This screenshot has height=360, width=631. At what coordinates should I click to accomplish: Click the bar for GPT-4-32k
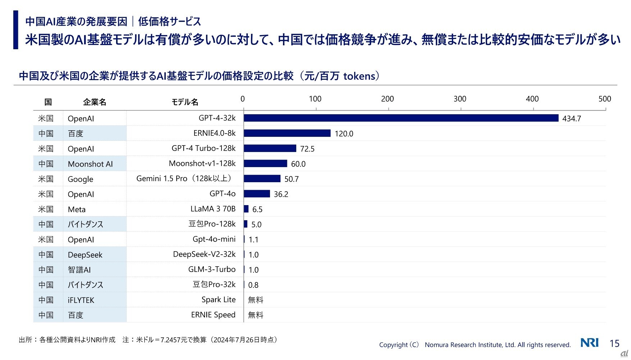tap(401, 118)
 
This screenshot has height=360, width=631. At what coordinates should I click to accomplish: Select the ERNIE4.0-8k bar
tap(287, 133)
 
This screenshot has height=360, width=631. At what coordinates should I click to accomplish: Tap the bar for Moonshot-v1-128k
tap(265, 163)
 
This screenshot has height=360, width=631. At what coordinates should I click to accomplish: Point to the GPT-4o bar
tap(257, 194)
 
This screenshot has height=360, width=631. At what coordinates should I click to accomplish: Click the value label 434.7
tap(571, 119)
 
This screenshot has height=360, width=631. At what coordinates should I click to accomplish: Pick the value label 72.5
tap(307, 149)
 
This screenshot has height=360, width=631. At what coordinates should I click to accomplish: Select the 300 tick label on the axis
tap(460, 99)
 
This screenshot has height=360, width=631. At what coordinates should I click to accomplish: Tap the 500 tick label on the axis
tap(604, 99)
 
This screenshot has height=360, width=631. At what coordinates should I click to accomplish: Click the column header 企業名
tap(95, 102)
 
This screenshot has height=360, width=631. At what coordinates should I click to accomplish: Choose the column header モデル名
tap(185, 102)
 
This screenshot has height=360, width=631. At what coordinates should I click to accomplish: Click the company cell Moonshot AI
tap(90, 164)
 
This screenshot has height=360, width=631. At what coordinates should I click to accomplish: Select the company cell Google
tap(81, 179)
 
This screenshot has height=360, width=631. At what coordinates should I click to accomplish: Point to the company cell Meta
tap(77, 209)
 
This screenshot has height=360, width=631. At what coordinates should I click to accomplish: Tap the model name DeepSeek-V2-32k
tap(204, 254)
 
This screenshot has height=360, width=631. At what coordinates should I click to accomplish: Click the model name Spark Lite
tap(218, 300)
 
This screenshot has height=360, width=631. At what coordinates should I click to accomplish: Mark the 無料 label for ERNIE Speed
tap(256, 315)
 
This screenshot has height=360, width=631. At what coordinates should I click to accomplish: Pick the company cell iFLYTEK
tap(81, 300)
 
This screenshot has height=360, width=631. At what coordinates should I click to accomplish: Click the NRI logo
tap(590, 343)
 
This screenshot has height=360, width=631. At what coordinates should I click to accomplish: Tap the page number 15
tap(614, 343)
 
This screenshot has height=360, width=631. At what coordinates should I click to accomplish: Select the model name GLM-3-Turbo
tap(212, 269)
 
